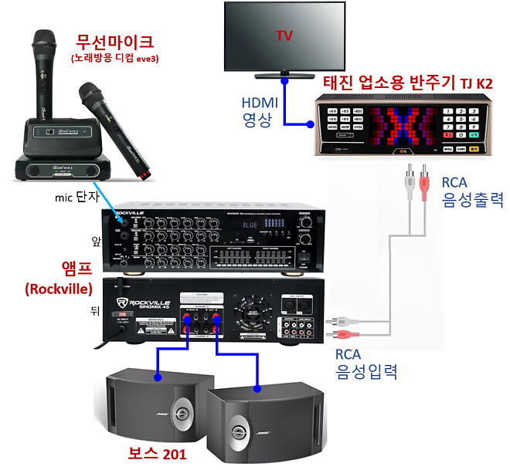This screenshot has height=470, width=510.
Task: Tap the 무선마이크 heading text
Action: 114,41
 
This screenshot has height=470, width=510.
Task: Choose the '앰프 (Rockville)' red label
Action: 59,277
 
